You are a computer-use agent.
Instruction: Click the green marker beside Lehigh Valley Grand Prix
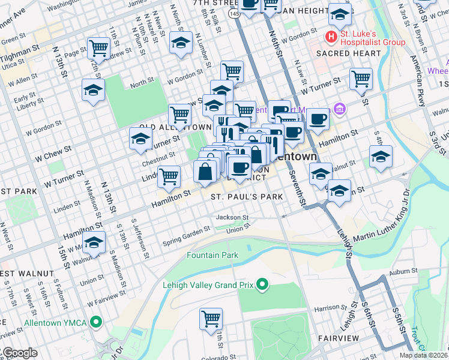click(x=261, y=284)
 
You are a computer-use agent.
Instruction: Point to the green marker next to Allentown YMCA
click(x=95, y=322)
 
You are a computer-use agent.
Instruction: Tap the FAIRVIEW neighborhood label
click(x=339, y=338)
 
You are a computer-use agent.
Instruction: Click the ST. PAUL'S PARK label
click(x=238, y=197)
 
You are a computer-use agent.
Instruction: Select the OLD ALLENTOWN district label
click(x=166, y=127)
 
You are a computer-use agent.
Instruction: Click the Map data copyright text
click(x=423, y=355)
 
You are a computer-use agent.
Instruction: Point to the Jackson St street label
click(x=232, y=217)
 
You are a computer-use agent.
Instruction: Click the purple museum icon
click(x=340, y=109)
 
